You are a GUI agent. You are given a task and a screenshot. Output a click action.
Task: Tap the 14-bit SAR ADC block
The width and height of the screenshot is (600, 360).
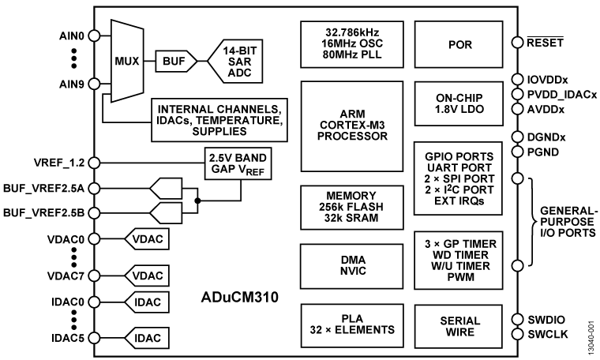click(x=238, y=59)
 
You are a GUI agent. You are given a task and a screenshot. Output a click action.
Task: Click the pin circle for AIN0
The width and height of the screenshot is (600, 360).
click(x=93, y=36)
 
